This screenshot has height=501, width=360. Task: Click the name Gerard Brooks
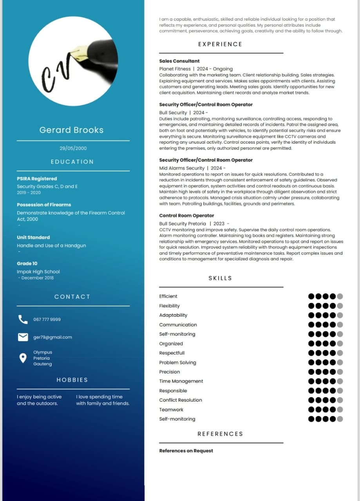tap(71, 130)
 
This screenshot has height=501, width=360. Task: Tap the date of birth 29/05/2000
tap(73, 148)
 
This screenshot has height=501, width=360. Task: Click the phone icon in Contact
tap(23, 319)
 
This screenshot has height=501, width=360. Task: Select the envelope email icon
tap(23, 337)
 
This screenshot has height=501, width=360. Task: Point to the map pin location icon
tap(23, 358)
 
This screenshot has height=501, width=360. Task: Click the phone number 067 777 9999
tap(47, 319)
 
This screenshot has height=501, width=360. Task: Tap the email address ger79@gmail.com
tap(52, 337)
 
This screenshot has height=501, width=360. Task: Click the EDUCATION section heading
tap(72, 162)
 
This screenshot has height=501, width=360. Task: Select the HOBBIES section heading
tap(72, 380)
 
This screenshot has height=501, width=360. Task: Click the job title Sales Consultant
tap(179, 61)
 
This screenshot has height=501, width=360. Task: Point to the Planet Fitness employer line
tap(196, 69)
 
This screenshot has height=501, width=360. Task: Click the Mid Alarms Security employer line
tap(192, 168)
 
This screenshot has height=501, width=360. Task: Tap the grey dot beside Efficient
tap(340, 296)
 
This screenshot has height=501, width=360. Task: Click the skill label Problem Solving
tap(177, 362)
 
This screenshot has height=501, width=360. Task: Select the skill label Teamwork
tap(171, 409)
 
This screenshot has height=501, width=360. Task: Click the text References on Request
tap(186, 451)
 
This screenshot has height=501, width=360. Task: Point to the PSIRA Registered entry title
tap(37, 178)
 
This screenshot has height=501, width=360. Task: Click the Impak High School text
tap(38, 272)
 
